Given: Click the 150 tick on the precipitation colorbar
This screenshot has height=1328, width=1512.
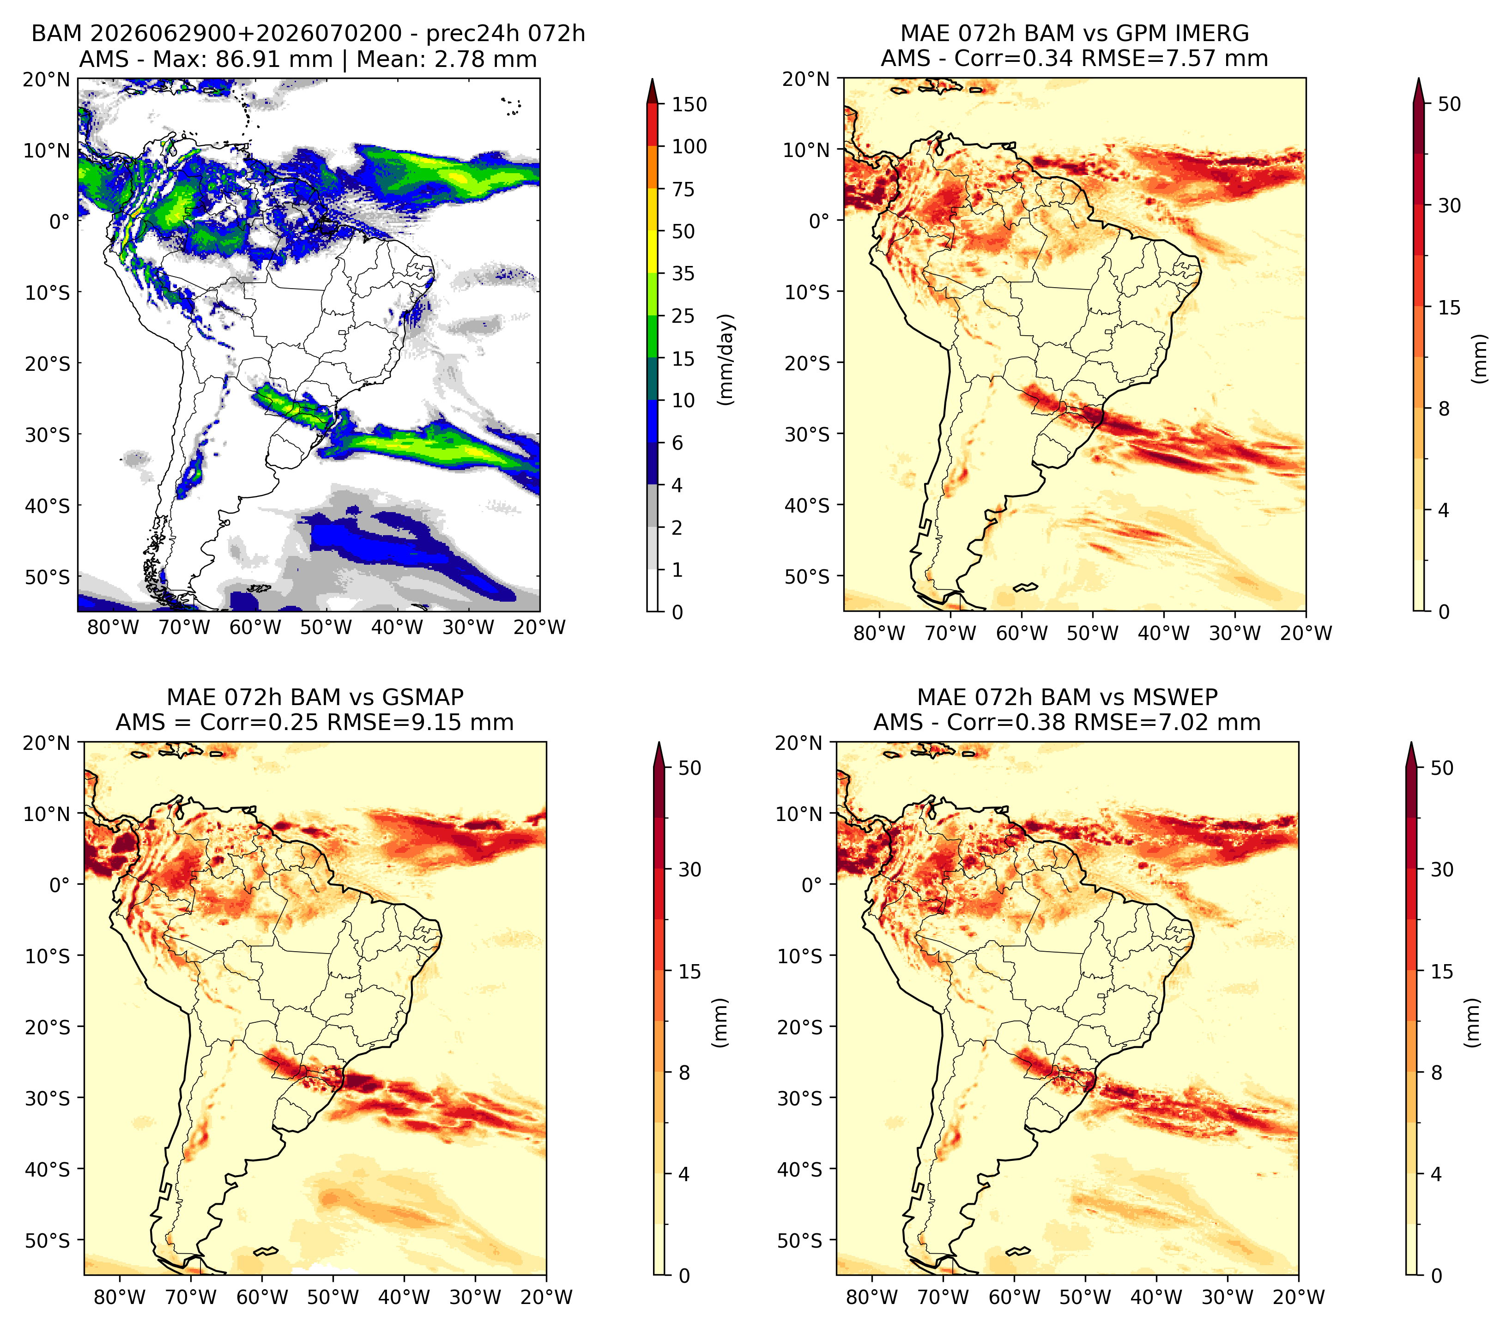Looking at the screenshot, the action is [x=689, y=104].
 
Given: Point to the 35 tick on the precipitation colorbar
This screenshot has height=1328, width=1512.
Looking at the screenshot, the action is [x=683, y=273].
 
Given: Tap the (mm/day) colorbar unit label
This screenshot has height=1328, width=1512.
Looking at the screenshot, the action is [x=727, y=359].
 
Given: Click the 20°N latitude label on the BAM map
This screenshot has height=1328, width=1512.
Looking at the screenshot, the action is [x=47, y=79].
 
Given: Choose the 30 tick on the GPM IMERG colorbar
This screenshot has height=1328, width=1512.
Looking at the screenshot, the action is [x=1449, y=205].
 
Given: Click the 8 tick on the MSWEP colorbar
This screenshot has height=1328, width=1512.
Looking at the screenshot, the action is [x=1437, y=1073].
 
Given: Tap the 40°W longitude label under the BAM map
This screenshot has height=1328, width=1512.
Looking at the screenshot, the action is [x=397, y=628].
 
